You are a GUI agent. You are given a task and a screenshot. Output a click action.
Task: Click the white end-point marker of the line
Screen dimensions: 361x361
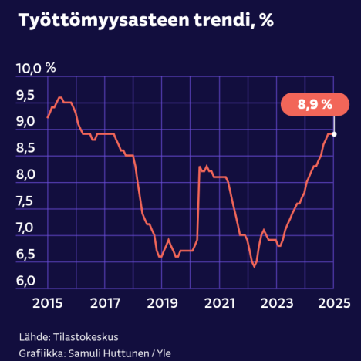tap(333, 133)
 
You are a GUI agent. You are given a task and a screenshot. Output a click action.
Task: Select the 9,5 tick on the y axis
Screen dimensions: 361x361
tap(25, 96)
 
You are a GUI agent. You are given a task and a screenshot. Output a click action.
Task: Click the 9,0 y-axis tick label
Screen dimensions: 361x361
tap(25, 122)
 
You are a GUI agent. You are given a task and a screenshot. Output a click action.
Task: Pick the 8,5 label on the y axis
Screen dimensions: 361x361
tap(25, 148)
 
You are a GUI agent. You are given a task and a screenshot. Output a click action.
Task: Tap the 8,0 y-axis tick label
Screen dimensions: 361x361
tap(25, 175)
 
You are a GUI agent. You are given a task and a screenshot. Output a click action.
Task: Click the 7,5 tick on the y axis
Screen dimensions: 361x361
tap(25, 201)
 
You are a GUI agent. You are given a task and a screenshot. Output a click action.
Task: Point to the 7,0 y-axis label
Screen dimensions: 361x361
tap(25, 228)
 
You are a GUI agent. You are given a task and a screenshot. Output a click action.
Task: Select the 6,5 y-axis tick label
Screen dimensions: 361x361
tap(25, 255)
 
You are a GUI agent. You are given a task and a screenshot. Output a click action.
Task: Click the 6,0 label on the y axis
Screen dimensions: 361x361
tap(25, 281)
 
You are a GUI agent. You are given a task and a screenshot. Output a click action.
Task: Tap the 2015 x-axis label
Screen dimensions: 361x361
tap(48, 302)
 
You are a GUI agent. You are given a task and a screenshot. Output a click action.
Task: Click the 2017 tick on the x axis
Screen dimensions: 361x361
tap(105, 302)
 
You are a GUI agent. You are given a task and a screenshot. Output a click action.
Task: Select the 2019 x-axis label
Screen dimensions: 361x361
tap(162, 302)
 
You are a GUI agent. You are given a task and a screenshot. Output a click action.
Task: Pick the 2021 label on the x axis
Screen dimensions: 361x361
tap(219, 302)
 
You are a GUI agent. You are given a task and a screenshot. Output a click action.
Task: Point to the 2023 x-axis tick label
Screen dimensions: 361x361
tap(276, 302)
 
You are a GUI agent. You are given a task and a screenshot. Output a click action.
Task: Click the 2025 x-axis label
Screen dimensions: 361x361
tap(333, 302)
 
